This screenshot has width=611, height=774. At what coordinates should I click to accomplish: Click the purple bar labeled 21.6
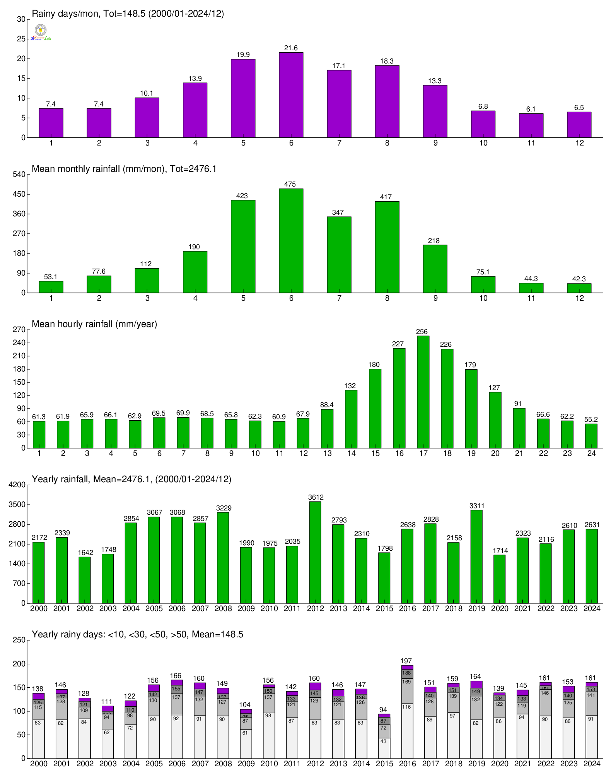291,95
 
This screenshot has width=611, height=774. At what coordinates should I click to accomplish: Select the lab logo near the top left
41,33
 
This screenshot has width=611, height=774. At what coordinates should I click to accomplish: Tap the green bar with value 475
291,240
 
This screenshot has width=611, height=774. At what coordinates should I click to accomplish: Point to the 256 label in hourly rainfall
422,332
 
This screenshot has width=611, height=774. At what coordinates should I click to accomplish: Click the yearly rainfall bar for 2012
315,552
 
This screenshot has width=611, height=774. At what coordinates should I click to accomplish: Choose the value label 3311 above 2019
477,506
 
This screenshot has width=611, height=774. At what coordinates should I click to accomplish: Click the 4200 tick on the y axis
19,485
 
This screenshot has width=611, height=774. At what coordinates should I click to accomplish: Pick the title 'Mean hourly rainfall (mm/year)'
94,324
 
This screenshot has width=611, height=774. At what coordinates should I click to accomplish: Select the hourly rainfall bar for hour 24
591,436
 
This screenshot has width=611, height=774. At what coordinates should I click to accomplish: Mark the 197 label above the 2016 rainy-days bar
406,661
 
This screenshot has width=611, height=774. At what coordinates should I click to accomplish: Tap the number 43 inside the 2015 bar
383,741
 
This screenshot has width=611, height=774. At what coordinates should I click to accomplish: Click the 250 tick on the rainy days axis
19,640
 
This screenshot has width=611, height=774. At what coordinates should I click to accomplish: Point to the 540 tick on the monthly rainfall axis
19,175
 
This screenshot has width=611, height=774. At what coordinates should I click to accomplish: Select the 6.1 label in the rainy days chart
531,109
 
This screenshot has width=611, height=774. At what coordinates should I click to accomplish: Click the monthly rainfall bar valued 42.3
579,288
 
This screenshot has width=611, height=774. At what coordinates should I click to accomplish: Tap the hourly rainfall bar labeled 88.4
327,428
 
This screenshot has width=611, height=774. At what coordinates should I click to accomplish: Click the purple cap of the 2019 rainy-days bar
476,685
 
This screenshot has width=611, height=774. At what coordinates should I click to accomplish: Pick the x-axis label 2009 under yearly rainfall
246,608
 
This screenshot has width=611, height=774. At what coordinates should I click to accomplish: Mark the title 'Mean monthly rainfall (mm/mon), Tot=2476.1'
124,169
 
